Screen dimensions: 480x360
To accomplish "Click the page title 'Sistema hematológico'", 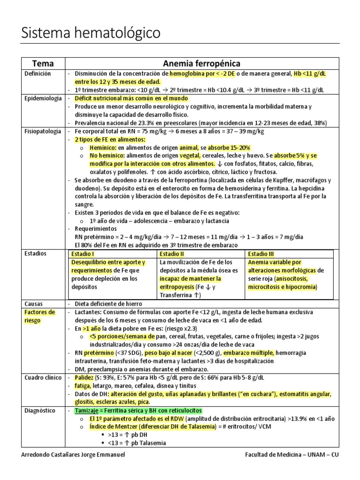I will pos(91,33).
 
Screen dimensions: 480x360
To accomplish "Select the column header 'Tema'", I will pos(42,63).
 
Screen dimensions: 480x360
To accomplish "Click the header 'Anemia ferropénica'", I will pos(202,63).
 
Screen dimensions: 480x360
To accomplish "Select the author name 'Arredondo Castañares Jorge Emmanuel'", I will pos(74,455).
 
